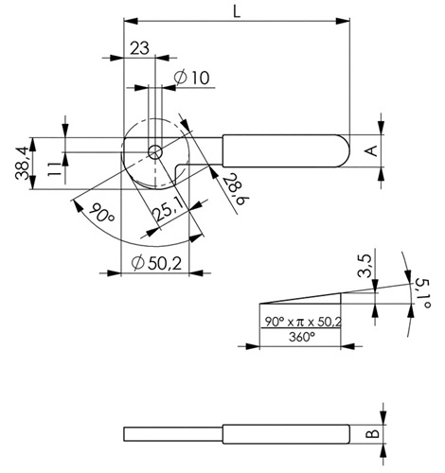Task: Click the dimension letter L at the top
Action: pos(237,11)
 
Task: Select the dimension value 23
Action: pos(139,48)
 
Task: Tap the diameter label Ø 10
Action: pos(191,78)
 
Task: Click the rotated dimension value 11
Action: pos(54,169)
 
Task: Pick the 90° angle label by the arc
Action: pos(101,213)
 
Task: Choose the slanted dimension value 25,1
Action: pos(169,209)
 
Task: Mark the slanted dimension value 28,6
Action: pos(237,189)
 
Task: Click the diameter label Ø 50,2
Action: pos(157,263)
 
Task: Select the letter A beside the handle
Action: pos(373,150)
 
